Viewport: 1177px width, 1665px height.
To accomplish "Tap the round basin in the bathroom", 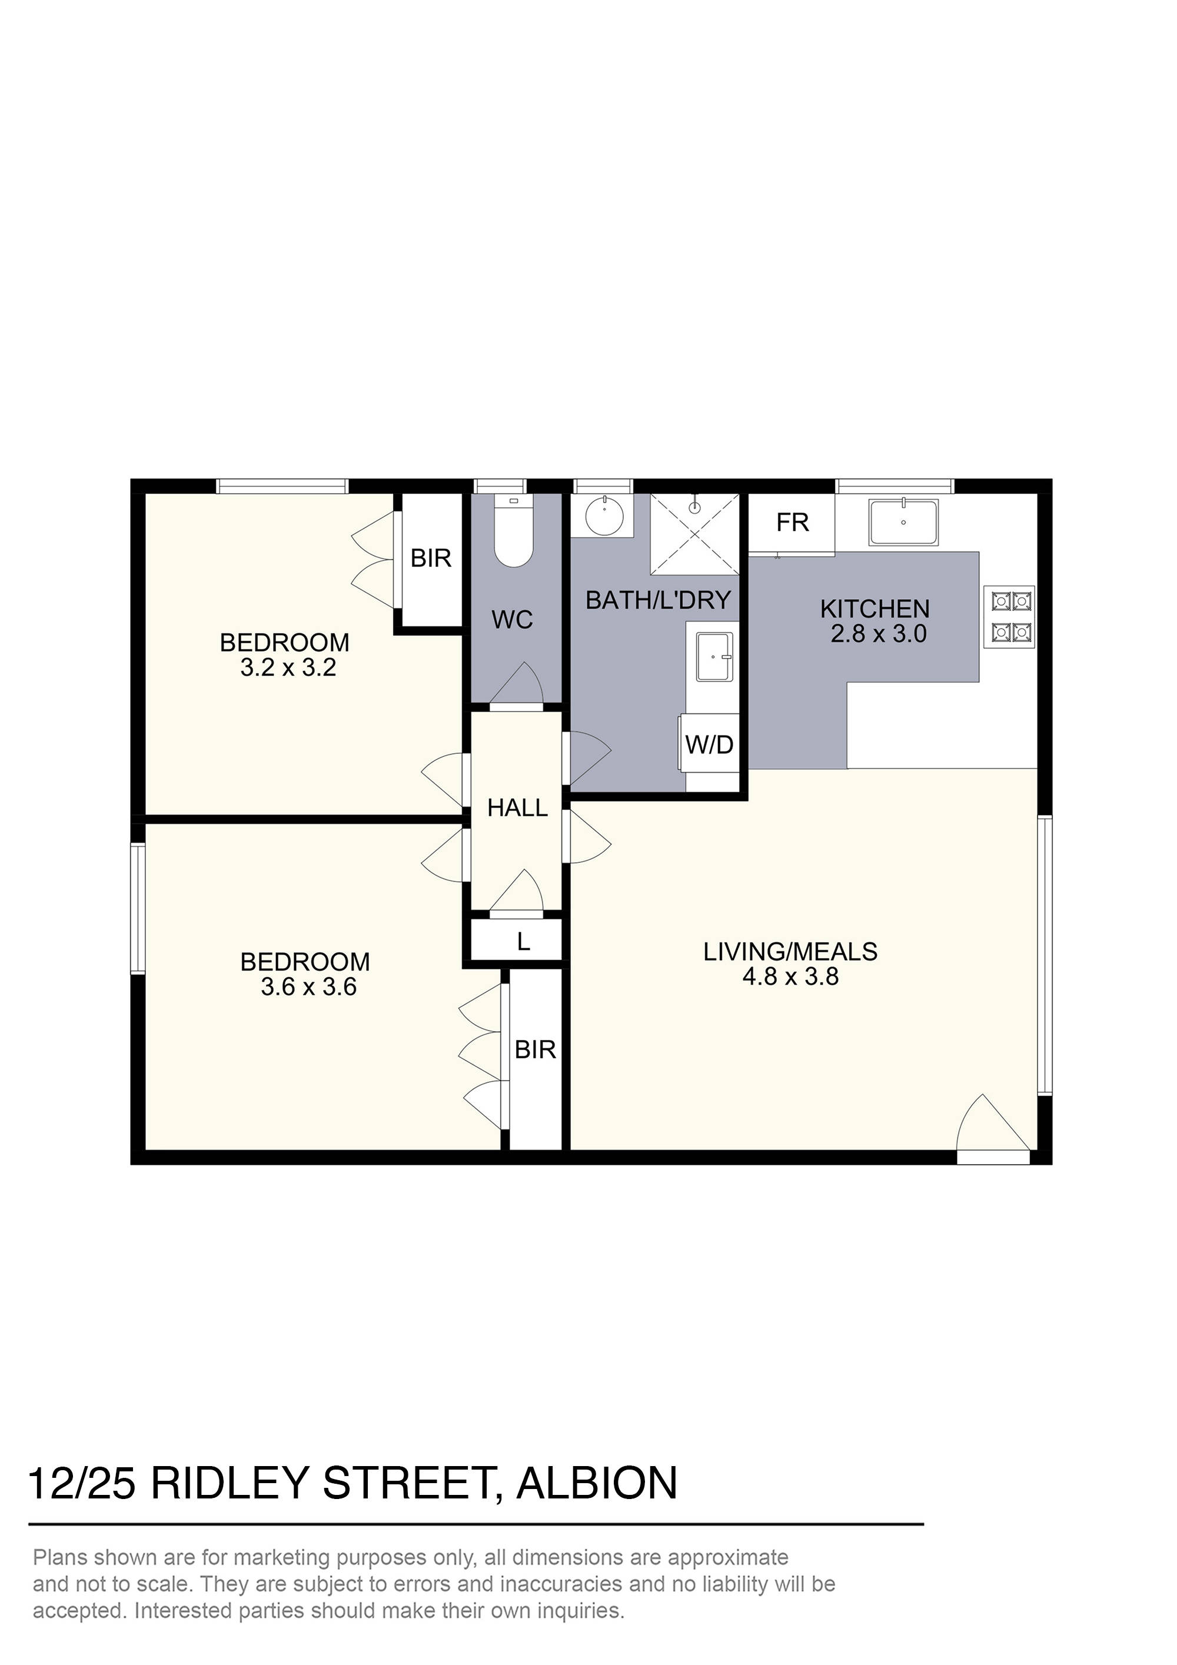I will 603,516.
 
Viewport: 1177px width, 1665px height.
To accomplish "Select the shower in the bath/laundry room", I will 695,534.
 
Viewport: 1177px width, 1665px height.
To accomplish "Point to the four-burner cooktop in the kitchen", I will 1012,617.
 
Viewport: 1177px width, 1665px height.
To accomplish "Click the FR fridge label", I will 792,523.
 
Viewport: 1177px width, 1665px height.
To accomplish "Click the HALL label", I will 517,808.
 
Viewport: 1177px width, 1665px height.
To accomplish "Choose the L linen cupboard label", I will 524,942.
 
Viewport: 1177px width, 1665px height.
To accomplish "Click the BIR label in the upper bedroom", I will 431,559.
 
